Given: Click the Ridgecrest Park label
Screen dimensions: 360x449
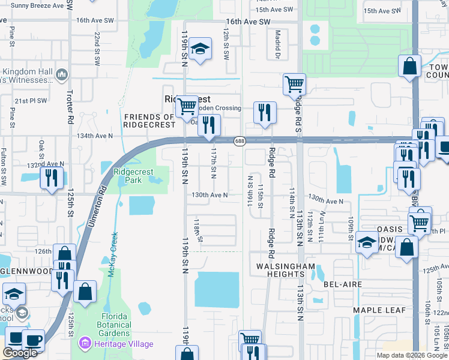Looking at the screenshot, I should coord(133,176).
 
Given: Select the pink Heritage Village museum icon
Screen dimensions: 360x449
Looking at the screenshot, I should coord(85,344).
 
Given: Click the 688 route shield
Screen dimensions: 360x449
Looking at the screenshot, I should coord(240,140).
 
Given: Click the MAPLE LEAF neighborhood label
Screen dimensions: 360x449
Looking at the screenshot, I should coord(379,310).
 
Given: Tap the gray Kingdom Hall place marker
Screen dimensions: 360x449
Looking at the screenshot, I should coord(62,74).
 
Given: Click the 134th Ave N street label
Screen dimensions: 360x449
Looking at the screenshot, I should coord(95,136).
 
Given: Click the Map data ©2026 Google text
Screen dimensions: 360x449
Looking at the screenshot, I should coord(411,355).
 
